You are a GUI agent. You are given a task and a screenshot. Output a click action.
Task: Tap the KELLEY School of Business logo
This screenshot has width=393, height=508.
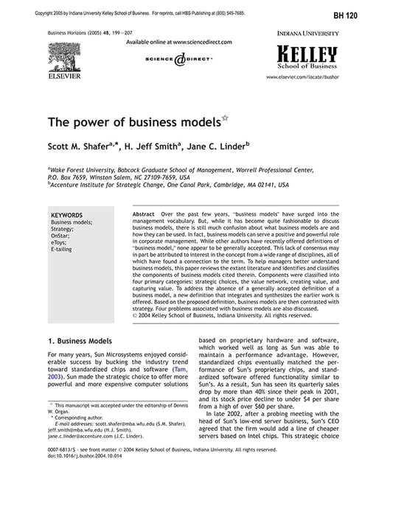click(307, 55)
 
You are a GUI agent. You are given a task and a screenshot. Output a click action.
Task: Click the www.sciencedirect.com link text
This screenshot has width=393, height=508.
click(192, 43)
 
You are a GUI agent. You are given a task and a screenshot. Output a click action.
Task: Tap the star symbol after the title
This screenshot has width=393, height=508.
click(225, 116)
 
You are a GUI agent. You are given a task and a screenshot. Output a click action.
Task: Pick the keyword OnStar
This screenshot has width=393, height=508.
click(60, 235)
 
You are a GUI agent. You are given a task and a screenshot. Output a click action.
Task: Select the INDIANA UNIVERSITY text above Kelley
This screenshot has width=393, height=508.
click(307, 34)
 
